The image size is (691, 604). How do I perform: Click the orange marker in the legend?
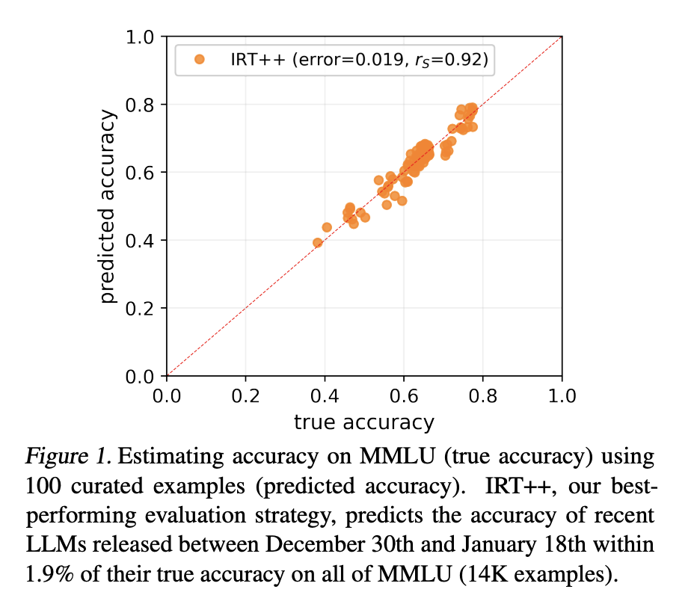(x=199, y=61)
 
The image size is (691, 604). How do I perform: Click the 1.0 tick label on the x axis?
(x=562, y=395)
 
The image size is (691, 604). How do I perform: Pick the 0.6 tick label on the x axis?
(x=404, y=395)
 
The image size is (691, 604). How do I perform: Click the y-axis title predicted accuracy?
(x=109, y=206)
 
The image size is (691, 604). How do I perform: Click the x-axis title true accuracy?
(x=363, y=422)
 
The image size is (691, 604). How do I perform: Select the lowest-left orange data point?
(x=317, y=242)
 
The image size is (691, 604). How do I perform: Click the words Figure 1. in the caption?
(x=68, y=455)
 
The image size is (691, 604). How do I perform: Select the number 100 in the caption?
(x=44, y=486)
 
